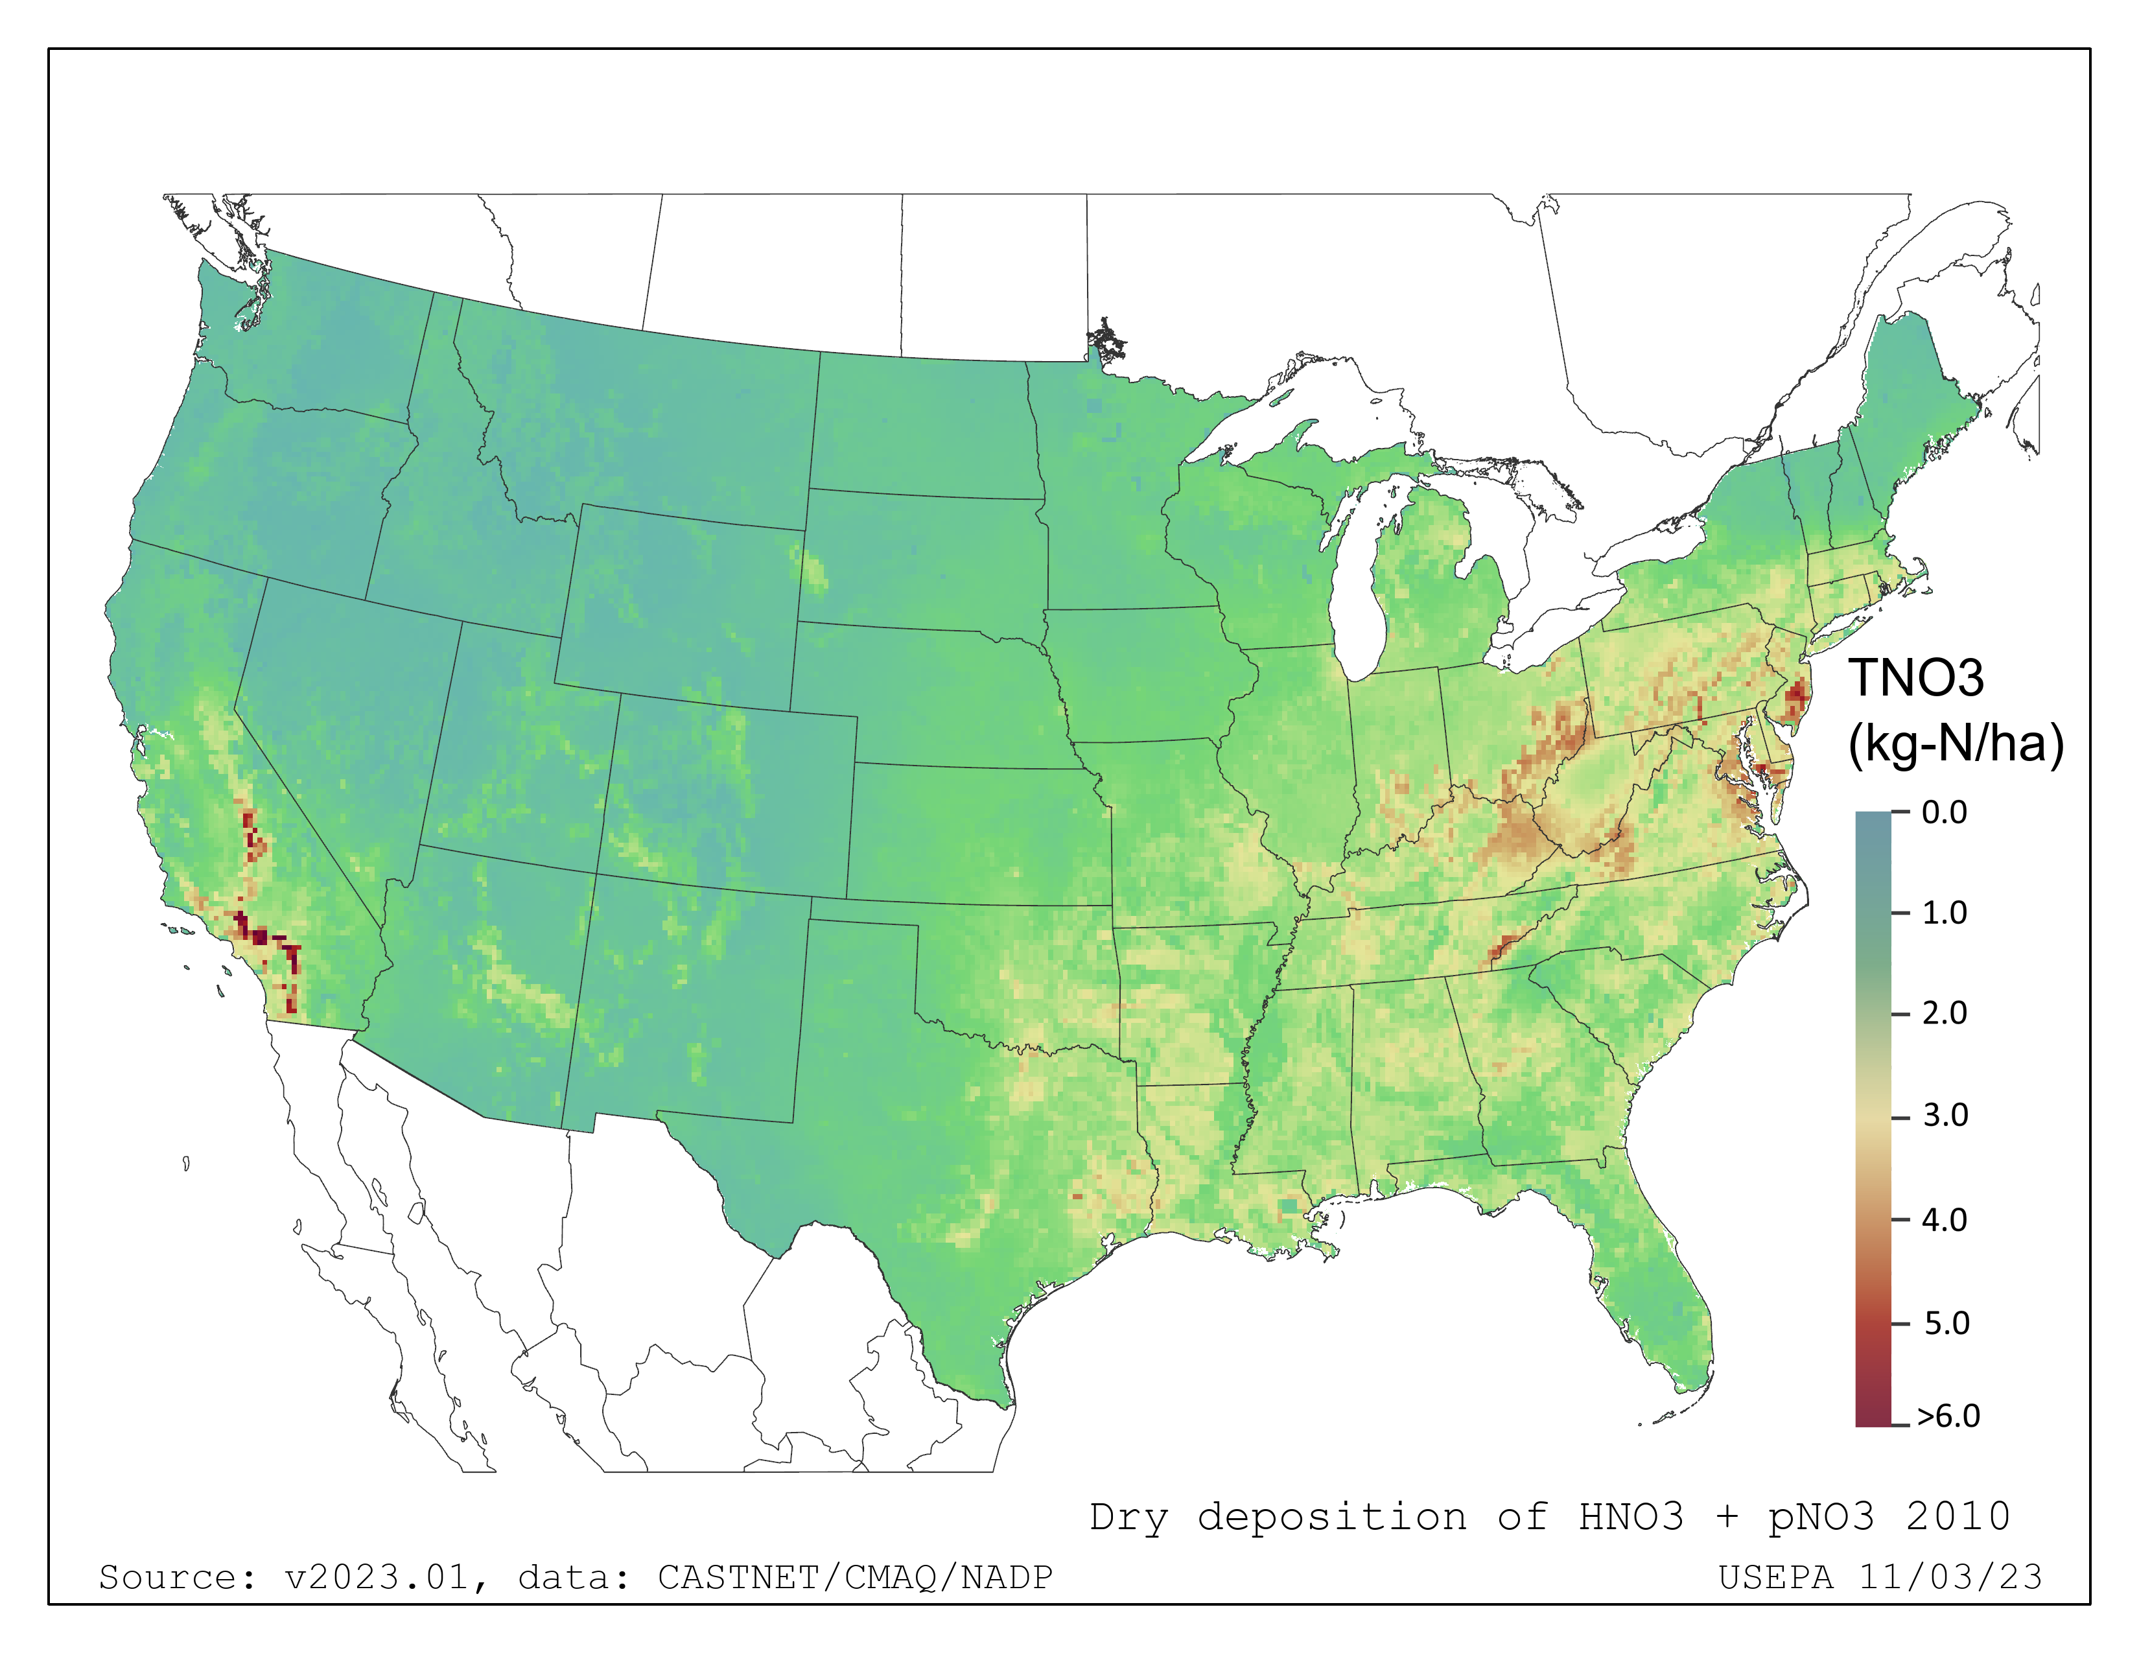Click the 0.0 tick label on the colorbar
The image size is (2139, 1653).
[x=1944, y=813]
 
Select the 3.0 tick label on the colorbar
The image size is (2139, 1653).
[x=1945, y=1116]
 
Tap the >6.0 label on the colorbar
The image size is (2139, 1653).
[x=1948, y=1416]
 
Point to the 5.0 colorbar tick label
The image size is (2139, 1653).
[x=1946, y=1323]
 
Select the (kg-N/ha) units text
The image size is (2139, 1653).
[x=1956, y=744]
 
